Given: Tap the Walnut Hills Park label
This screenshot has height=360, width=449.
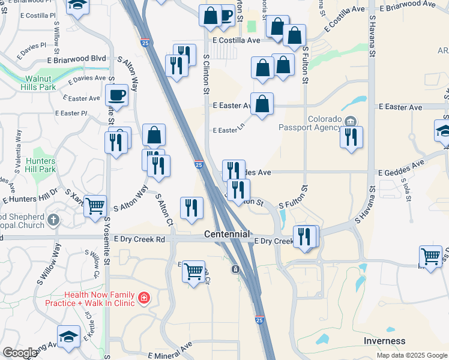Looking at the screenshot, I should (x=41, y=83).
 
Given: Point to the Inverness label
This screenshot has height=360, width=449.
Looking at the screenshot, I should (x=385, y=341).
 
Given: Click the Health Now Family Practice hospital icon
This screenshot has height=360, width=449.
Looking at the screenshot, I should (x=143, y=298).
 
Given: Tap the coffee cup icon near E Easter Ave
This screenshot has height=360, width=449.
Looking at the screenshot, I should (x=116, y=94).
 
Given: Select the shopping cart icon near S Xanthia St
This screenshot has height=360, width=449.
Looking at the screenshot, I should (x=95, y=206).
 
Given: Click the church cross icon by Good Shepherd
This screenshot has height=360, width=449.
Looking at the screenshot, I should (x=53, y=220).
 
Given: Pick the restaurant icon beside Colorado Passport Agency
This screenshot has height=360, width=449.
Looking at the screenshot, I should (x=351, y=136).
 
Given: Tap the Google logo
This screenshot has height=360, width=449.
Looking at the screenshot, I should (x=20, y=353).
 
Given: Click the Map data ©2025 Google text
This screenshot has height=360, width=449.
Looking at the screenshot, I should (x=411, y=355).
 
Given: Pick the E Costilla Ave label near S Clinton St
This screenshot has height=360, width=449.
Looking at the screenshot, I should (x=237, y=40).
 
